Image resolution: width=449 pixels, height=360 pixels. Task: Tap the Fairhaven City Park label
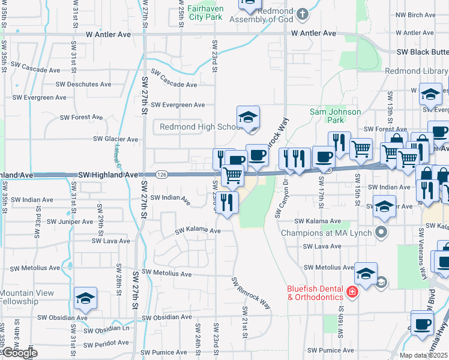[x=205, y=13]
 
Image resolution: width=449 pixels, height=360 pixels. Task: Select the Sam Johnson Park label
[x=335, y=116]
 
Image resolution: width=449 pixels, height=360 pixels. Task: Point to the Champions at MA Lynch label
[x=327, y=232]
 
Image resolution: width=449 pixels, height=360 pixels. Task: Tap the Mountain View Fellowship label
[x=27, y=296]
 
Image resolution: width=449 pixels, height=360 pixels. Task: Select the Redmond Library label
[x=415, y=71]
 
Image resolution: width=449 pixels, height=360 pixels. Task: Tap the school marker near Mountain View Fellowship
[x=85, y=298]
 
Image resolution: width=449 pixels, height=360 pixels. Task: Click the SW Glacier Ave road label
[x=115, y=139]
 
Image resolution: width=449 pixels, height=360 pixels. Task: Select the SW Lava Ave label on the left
[x=110, y=241]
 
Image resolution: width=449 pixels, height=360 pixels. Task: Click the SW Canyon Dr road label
[x=279, y=199]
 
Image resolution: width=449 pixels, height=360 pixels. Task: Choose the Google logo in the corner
[x=19, y=353]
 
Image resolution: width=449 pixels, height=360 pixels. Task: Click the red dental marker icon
[x=352, y=293]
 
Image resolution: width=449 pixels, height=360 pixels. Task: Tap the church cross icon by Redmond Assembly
[x=303, y=13]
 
